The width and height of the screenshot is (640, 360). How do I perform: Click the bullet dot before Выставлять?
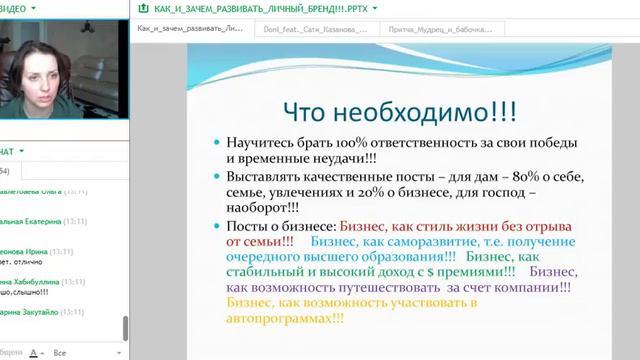tap(216, 176)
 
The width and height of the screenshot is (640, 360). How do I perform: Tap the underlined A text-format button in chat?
tap(33, 352)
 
